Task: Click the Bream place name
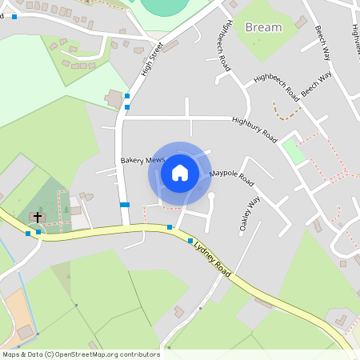point(263,27)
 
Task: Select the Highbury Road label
point(254,130)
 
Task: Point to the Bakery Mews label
point(142,160)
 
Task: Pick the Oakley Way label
point(248,214)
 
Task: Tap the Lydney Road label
point(212,260)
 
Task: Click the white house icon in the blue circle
point(180,172)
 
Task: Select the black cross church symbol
point(37,218)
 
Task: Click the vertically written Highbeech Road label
point(222,46)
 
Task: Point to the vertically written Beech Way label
point(322,44)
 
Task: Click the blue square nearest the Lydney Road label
point(190,240)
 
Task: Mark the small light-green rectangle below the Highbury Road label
point(294,151)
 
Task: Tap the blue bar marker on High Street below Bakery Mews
point(124,205)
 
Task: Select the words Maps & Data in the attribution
point(22,354)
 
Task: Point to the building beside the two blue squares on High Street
point(114,99)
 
